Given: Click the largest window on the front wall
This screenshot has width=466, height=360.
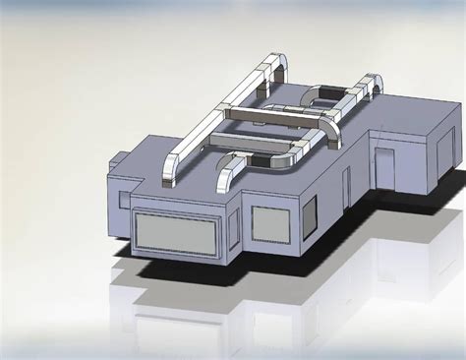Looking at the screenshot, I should click(x=176, y=232).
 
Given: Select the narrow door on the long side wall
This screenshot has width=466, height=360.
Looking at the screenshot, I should click(x=345, y=183).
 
